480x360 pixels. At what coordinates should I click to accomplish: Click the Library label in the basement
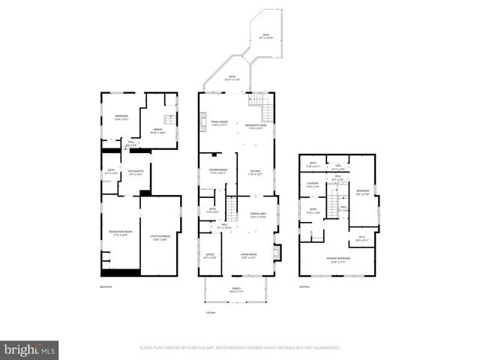tap(157, 130)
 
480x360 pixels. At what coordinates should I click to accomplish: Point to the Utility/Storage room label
tap(160, 237)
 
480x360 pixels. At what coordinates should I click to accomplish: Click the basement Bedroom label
tap(121, 117)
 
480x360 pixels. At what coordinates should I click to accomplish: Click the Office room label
tap(210, 256)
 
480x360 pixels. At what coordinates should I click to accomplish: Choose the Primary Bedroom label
tap(338, 259)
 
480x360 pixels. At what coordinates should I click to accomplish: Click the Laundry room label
tap(313, 184)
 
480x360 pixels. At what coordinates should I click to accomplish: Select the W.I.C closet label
tap(361, 238)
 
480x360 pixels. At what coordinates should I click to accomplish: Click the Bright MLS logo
tap(30, 349)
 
